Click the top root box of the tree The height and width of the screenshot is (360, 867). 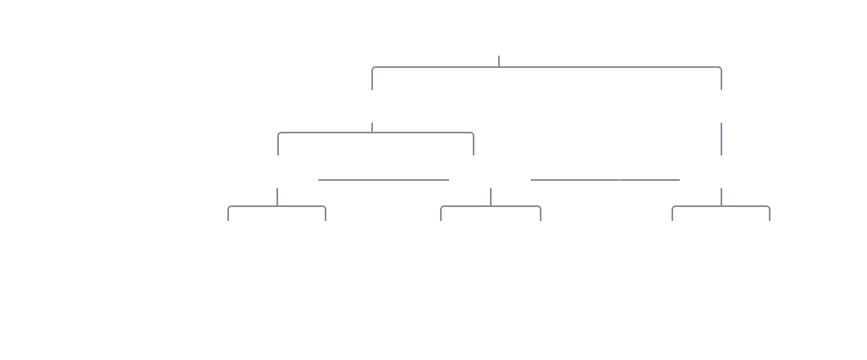pos(498,35)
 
